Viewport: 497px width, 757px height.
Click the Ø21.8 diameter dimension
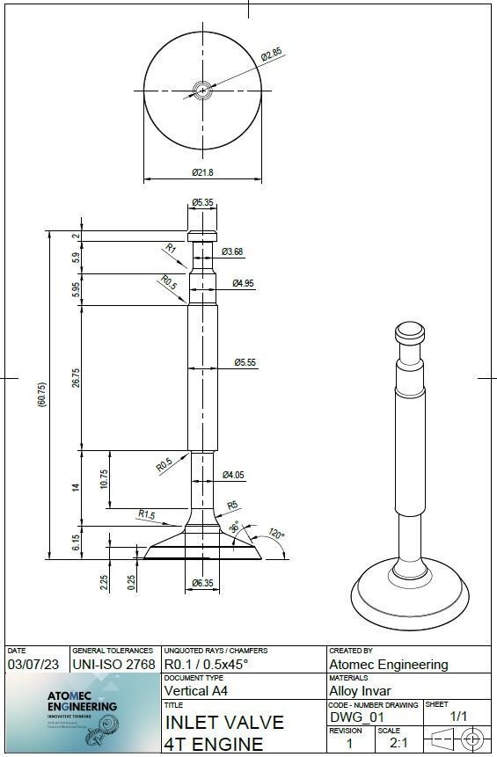(202, 171)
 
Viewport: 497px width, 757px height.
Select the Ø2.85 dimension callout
(272, 55)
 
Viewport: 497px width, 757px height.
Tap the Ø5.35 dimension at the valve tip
(203, 203)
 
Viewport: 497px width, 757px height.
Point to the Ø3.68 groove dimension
(232, 252)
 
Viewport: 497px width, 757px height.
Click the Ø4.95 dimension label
(244, 283)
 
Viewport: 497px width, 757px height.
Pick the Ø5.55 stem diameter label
(245, 362)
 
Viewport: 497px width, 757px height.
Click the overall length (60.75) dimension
(41, 395)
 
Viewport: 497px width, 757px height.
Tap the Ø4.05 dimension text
(233, 475)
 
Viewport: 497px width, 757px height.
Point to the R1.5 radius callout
(146, 513)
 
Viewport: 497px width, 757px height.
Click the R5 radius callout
(232, 505)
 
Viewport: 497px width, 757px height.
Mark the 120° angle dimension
(276, 533)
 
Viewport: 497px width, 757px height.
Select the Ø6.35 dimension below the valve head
(202, 582)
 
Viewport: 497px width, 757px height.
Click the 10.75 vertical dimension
(104, 479)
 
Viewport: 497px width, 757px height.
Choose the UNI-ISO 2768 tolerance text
(113, 665)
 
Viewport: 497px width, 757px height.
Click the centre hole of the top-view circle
(203, 90)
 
